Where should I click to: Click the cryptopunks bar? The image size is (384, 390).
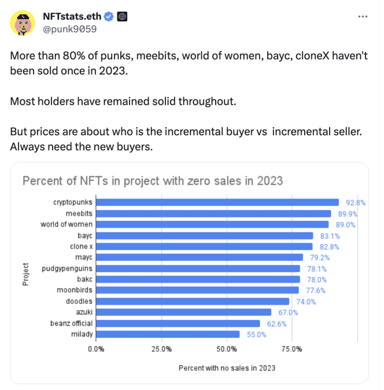tap(217, 202)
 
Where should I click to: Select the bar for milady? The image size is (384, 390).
tap(168, 334)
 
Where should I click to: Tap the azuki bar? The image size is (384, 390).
tap(183, 312)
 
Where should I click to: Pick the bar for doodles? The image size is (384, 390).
tap(193, 301)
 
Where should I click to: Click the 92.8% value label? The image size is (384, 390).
tap(355, 203)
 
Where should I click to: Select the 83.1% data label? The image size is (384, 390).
tap(328, 236)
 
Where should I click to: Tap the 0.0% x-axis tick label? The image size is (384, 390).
tap(96, 349)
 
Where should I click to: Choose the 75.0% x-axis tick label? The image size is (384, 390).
tap(291, 349)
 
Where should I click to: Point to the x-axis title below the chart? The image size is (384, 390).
tap(227, 368)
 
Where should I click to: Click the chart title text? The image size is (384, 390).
tap(153, 181)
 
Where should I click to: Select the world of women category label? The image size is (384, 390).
tap(66, 224)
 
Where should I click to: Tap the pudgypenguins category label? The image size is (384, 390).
tap(67, 268)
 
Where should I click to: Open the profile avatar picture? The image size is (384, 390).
tap(23, 22)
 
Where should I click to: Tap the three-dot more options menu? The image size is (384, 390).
tap(363, 16)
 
